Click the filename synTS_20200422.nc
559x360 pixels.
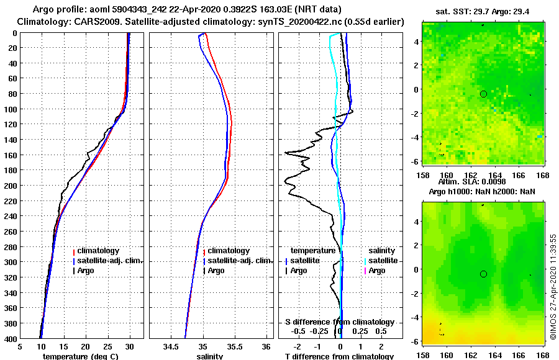coord(308,22)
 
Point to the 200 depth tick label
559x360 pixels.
coord(10,186)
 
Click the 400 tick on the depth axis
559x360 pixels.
coord(10,339)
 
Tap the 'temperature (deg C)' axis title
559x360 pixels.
coord(80,356)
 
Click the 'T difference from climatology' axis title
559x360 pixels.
coord(339,356)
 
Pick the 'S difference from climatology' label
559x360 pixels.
coord(339,322)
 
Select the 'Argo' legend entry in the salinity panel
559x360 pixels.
coord(216,271)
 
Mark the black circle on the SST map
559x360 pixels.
coord(483,94)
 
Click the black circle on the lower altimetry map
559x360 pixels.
coord(483,274)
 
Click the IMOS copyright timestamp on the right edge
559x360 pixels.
coord(553,286)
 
